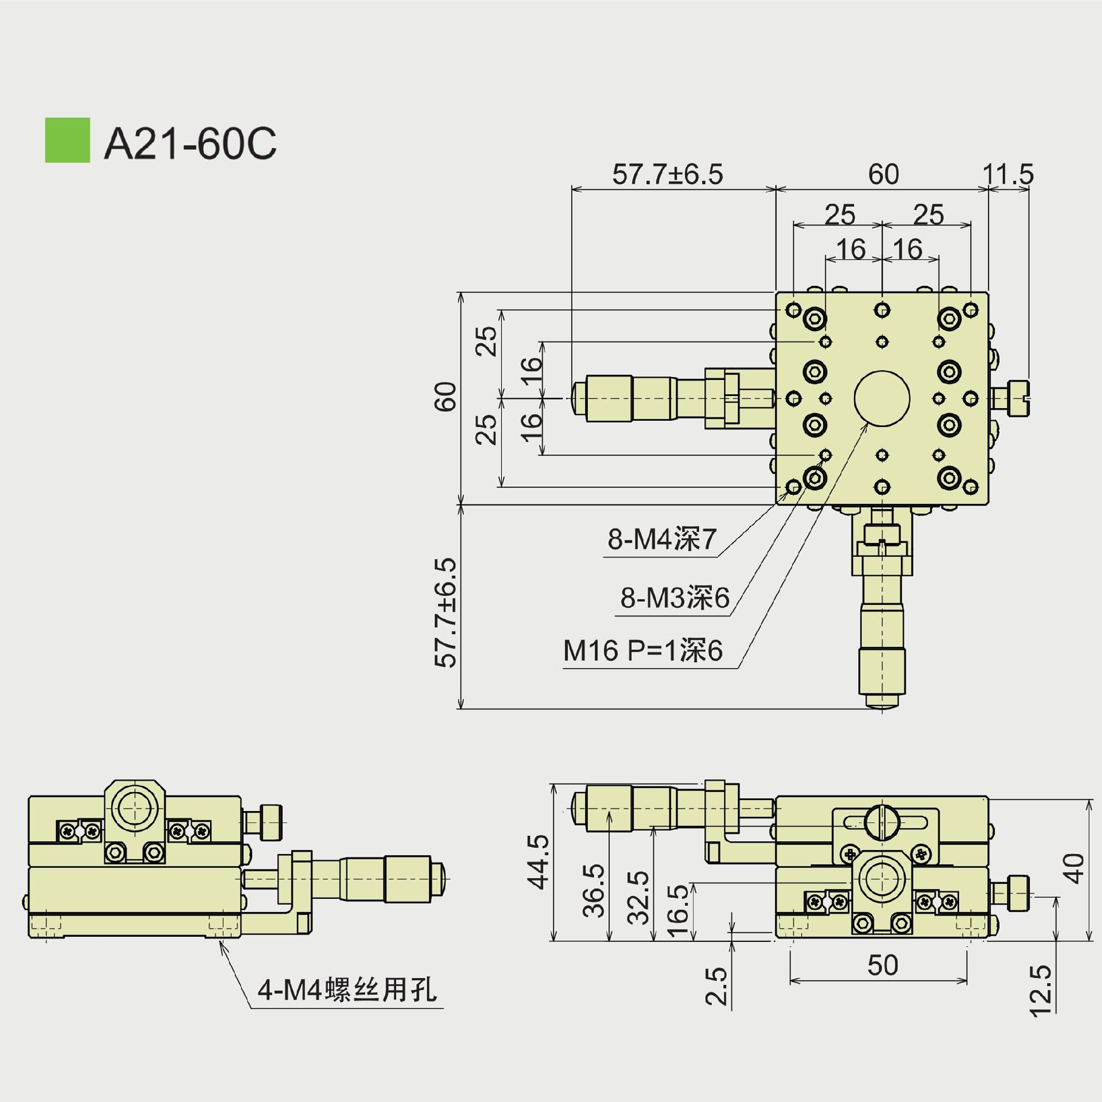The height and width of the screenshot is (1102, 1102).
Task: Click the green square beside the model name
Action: [x=67, y=140]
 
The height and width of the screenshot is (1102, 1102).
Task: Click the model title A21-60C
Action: [x=190, y=143]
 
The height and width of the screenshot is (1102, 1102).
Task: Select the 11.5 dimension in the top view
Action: [x=1008, y=174]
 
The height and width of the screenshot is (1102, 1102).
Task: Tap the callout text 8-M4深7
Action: [x=662, y=539]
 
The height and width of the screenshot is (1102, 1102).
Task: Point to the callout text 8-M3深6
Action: [x=674, y=598]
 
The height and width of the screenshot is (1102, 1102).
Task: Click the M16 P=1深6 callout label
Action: [x=643, y=651]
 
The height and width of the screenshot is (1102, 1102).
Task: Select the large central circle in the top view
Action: [x=882, y=398]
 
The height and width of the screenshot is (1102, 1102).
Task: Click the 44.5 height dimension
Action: [x=538, y=862]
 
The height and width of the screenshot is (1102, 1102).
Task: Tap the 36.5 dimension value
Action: [x=593, y=891]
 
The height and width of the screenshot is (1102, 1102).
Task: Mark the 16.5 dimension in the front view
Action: [x=678, y=911]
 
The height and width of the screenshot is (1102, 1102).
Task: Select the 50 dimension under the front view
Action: [x=882, y=965]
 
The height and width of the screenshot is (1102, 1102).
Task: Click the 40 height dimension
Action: [x=1074, y=868]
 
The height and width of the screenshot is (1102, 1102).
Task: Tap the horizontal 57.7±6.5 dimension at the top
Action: [x=668, y=174]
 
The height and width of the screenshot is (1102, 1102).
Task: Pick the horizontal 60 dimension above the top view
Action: [x=883, y=174]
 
